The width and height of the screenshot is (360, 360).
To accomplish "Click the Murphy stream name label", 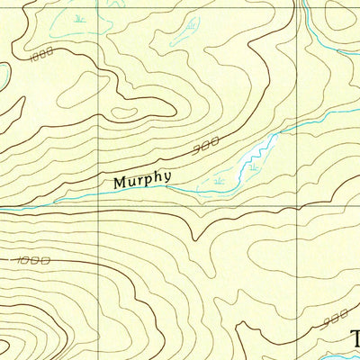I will [x=141, y=181].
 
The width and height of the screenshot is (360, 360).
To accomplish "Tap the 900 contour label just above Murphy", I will [x=206, y=144].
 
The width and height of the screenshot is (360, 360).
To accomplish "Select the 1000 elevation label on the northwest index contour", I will [x=40, y=57].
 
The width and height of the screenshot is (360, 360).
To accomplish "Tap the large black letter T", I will [x=354, y=338].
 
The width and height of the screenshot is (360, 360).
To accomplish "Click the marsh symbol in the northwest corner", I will [x=81, y=17].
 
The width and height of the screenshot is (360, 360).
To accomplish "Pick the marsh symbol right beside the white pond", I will [x=255, y=166].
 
